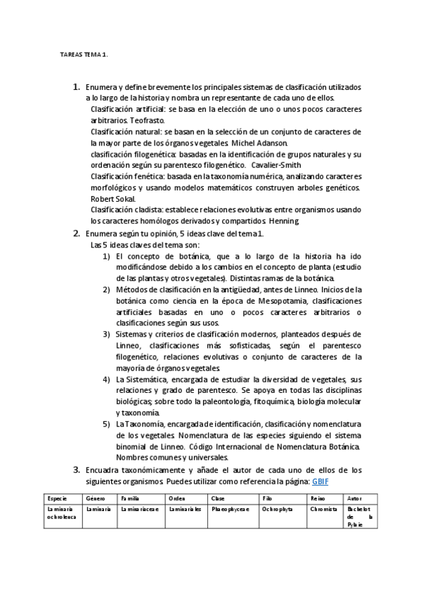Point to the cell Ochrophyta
click(278, 508)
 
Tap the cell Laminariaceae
click(140, 508)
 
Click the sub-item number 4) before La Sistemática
click(106, 379)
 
